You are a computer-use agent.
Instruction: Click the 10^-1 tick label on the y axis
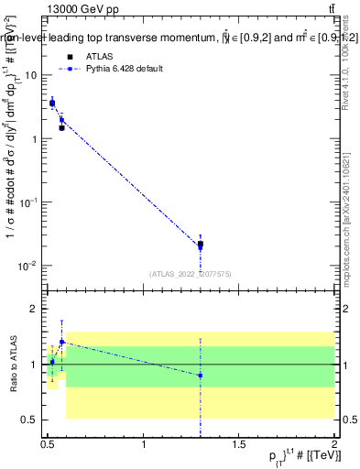click(30, 202)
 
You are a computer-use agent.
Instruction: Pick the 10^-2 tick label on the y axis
click(30, 266)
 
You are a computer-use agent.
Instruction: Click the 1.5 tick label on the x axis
click(239, 444)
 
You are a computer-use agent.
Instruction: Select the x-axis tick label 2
click(334, 444)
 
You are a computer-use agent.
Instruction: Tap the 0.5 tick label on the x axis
click(48, 444)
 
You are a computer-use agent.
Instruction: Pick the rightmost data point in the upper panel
click(201, 245)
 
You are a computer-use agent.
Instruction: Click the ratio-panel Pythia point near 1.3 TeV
click(201, 376)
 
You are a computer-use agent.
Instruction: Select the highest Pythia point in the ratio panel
click(61, 342)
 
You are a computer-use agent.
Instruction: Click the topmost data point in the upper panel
click(52, 104)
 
